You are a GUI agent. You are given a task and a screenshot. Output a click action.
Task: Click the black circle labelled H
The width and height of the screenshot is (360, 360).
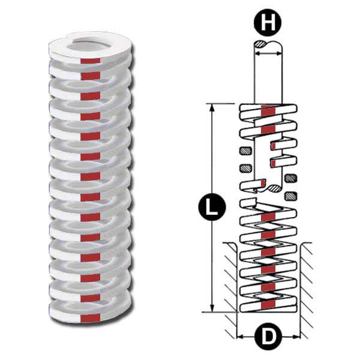pyautogui.click(x=268, y=22)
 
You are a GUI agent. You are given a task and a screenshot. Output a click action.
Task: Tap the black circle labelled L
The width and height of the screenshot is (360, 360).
pyautogui.click(x=212, y=207)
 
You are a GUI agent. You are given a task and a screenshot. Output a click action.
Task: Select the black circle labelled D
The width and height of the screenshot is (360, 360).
pyautogui.click(x=268, y=337)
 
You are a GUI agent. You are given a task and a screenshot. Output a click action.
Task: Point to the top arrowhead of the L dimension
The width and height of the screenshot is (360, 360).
pyautogui.click(x=212, y=107)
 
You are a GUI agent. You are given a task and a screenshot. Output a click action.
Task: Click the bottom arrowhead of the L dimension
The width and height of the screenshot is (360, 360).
pyautogui.click(x=212, y=308)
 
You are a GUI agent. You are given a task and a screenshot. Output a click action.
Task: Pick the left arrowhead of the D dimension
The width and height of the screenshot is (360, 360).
pyautogui.click(x=240, y=337)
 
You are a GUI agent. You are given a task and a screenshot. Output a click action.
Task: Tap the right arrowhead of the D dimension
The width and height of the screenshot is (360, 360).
pyautogui.click(x=296, y=337)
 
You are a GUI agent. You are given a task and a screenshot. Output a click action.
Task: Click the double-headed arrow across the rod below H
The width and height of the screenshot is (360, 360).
pyautogui.click(x=268, y=53)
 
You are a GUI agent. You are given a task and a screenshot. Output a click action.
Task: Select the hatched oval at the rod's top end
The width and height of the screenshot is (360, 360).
pyautogui.click(x=260, y=44)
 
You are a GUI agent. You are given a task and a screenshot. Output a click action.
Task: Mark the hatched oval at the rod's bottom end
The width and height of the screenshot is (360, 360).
pyautogui.click(x=275, y=188)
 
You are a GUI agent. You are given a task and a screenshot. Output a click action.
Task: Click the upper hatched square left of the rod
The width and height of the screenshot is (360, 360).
pyautogui.click(x=245, y=151)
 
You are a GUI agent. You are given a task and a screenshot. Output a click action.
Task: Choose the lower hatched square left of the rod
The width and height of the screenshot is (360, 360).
pyautogui.click(x=245, y=168)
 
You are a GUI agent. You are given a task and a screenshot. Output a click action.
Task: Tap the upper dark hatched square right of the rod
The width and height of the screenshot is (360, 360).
pyautogui.click(x=290, y=178)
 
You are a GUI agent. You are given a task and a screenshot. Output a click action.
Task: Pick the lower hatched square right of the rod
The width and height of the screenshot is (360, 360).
pyautogui.click(x=290, y=196)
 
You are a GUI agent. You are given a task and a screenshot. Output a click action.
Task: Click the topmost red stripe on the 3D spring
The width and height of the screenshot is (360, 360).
pyautogui.click(x=90, y=61)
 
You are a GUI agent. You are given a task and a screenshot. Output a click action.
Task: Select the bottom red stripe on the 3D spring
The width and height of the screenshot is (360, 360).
pyautogui.click(x=90, y=318)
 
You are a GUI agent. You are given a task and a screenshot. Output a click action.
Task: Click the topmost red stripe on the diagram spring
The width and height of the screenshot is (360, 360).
pyautogui.click(x=268, y=110)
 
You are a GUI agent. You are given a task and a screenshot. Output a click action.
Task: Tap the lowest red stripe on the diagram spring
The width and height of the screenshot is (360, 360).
pyautogui.click(x=268, y=304)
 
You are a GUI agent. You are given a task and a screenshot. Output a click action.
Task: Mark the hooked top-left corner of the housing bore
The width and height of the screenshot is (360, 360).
pyautogui.click(x=235, y=245)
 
